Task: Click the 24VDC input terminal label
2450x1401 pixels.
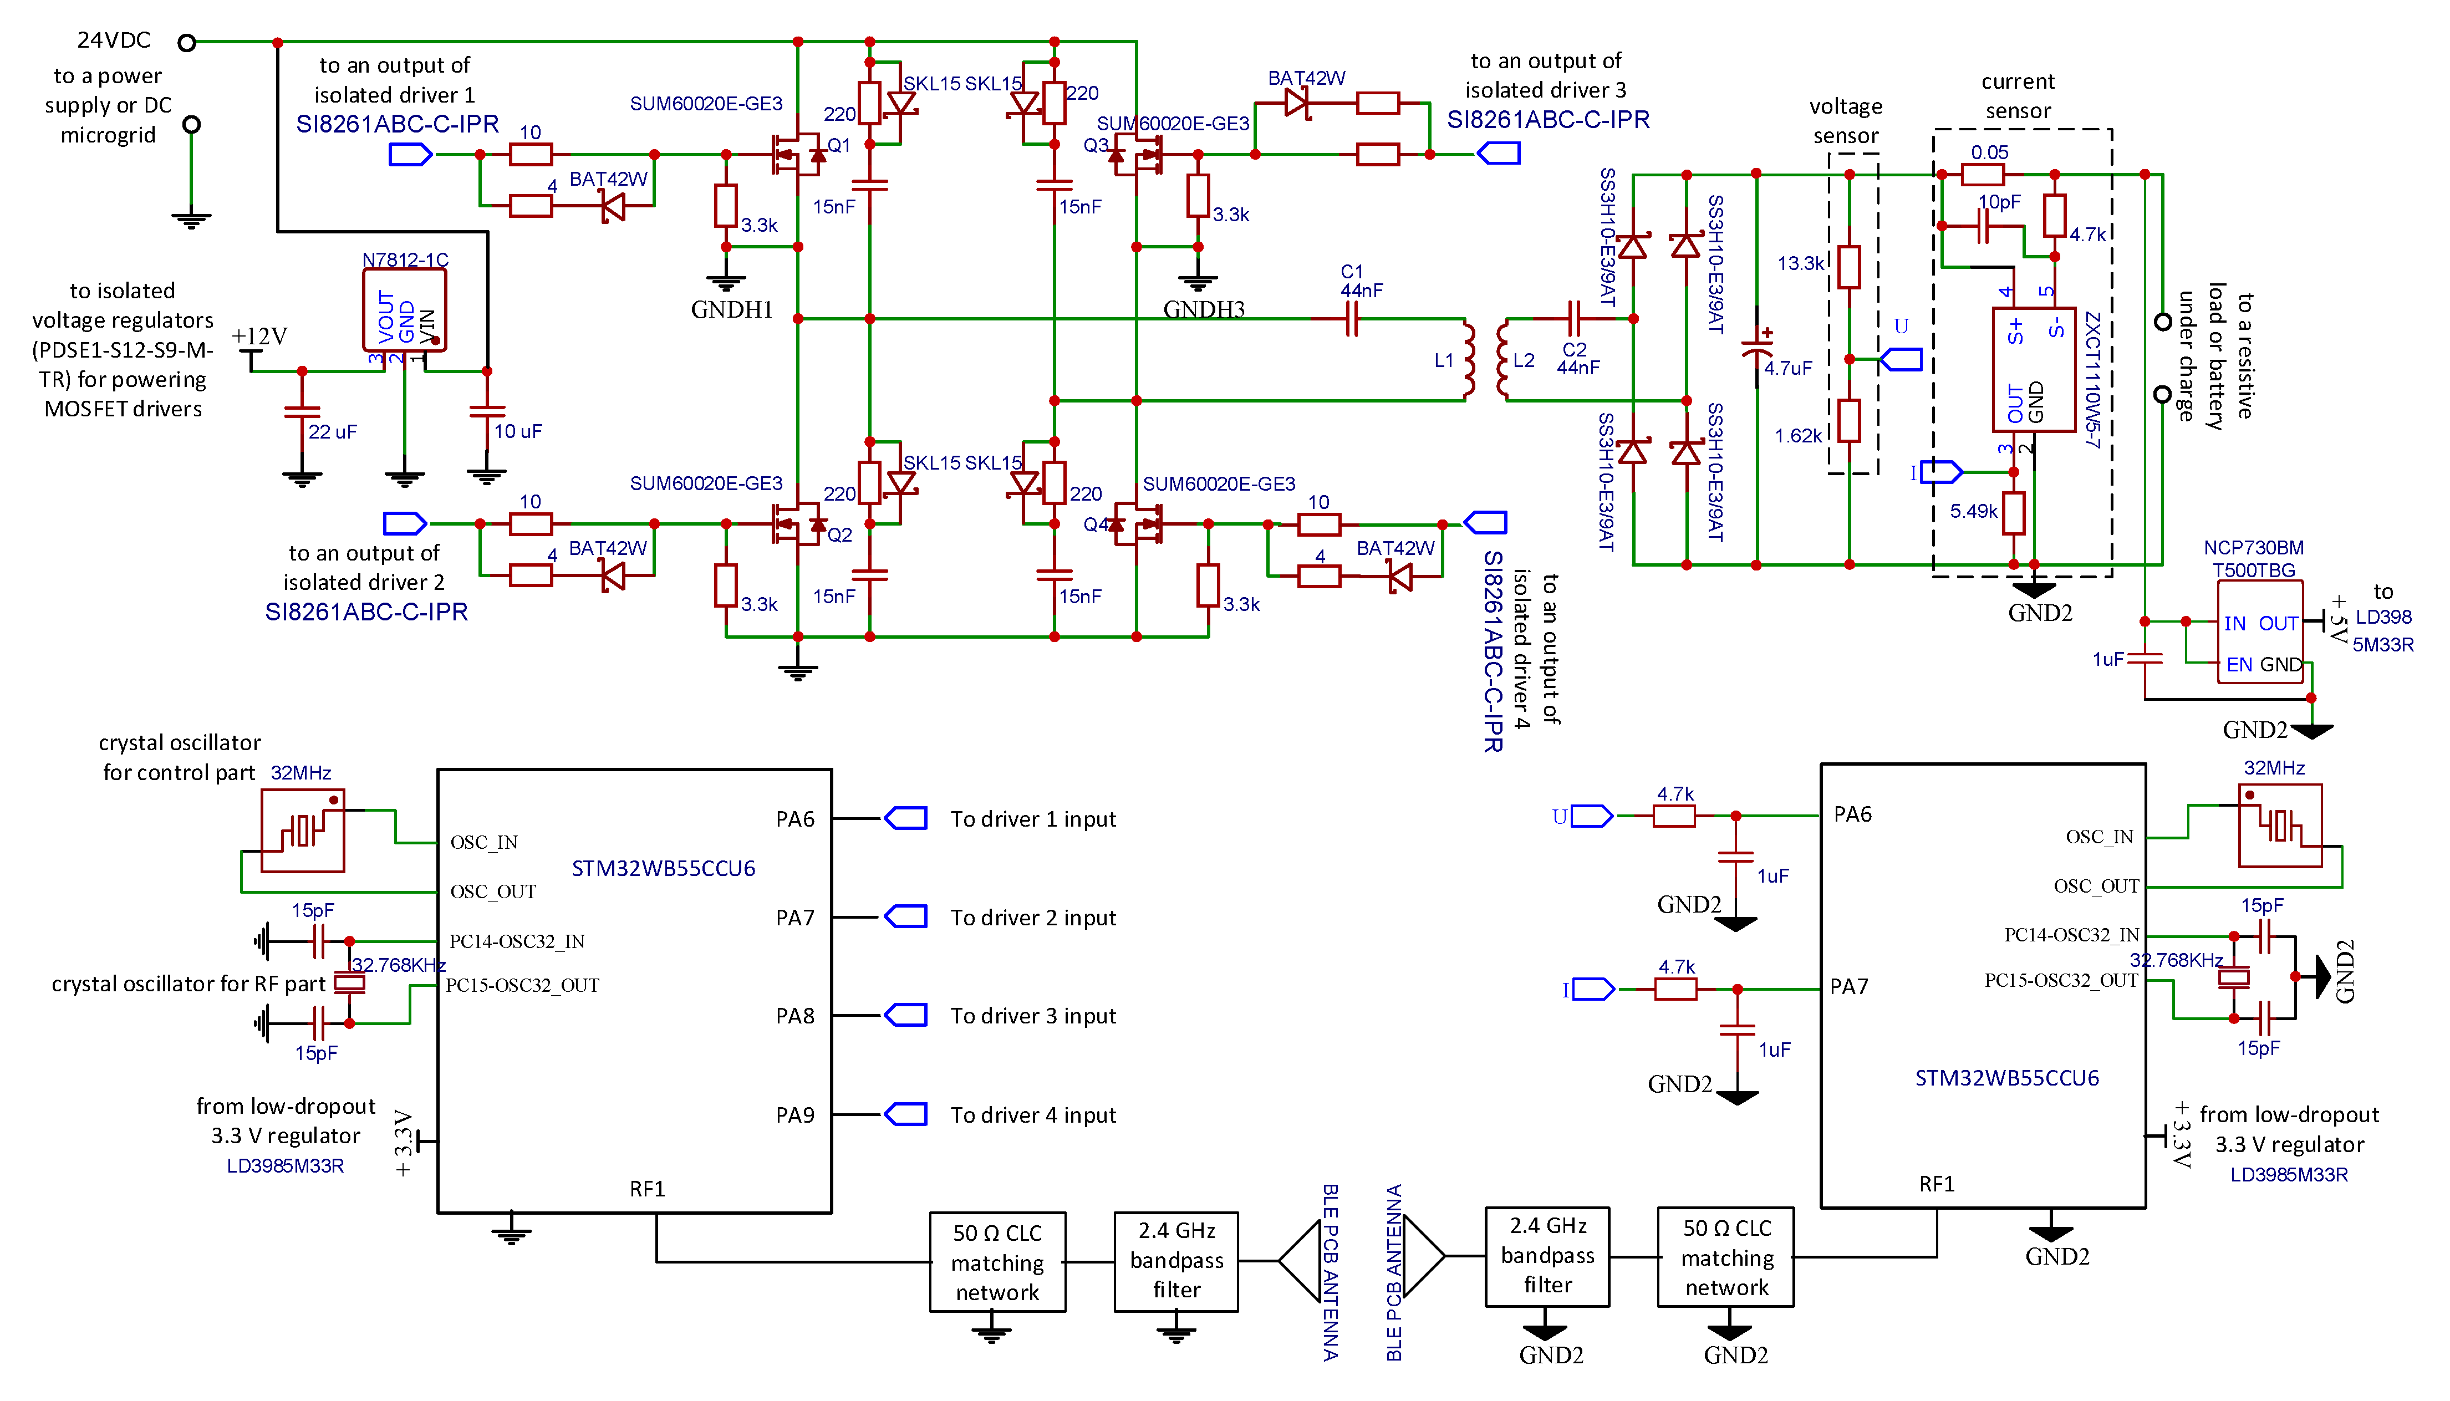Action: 114,40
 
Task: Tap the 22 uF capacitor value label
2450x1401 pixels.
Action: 332,432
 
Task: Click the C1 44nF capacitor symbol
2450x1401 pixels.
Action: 1352,318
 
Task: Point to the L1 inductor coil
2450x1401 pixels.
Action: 1468,360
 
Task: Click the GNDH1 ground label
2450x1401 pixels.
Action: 731,310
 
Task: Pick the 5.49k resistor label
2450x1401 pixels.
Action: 1973,512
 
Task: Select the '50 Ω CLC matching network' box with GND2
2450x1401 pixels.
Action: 1726,1257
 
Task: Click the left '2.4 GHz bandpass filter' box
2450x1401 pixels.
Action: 1175,1261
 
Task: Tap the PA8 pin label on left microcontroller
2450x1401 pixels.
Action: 794,1016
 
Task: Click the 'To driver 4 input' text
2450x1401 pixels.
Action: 1033,1115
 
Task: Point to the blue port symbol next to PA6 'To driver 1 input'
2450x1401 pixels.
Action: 905,819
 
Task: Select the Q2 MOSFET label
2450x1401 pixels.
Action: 840,535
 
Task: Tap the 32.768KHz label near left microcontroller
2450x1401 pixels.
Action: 398,965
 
